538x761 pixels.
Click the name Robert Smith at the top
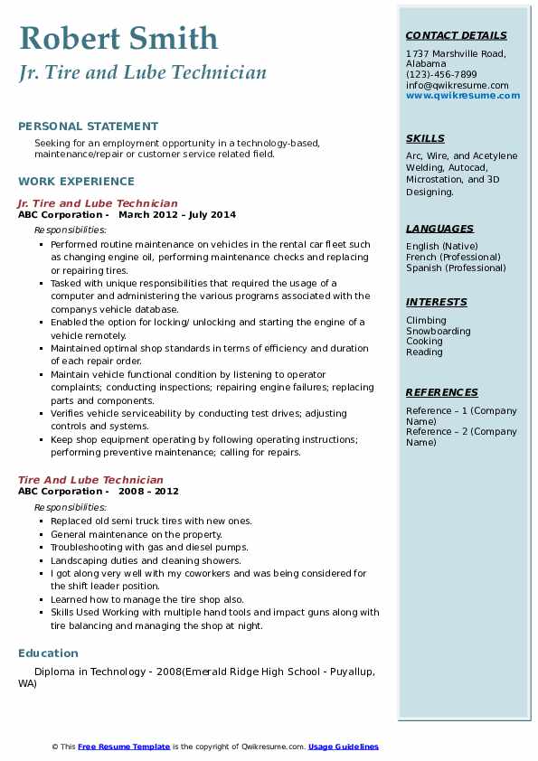[x=118, y=39]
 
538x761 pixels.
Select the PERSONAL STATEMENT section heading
[x=88, y=127]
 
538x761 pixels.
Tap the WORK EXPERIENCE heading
[x=76, y=181]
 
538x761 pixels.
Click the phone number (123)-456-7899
[x=441, y=75]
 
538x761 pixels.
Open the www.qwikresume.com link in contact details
[x=463, y=95]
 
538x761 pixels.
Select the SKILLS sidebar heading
[x=425, y=138]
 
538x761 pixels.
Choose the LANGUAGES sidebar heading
[x=439, y=229]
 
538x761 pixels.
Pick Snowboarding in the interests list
[x=438, y=331]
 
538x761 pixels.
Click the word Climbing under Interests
[x=426, y=320]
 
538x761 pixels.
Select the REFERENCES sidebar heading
[x=442, y=392]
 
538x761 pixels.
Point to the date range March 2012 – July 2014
[x=177, y=215]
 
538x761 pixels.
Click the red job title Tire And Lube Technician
[x=90, y=480]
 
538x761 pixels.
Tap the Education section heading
[x=48, y=653]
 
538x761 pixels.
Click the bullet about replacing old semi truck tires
[x=151, y=521]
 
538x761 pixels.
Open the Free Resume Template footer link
[x=124, y=747]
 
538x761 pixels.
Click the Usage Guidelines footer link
[x=344, y=747]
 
